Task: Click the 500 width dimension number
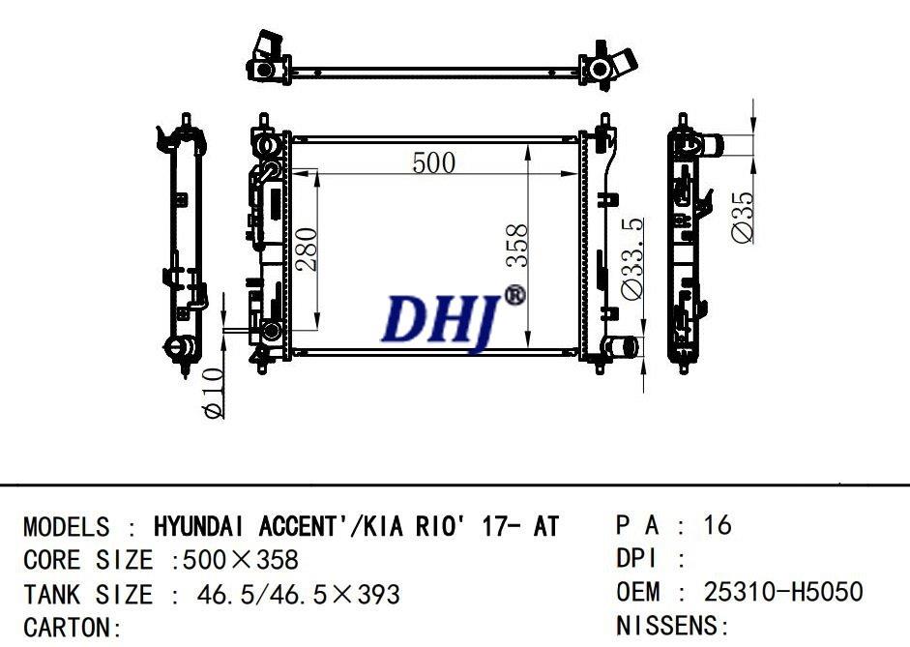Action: (433, 162)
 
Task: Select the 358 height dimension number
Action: (516, 245)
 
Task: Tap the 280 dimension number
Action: (307, 250)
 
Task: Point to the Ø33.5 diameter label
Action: (632, 259)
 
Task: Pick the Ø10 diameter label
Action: (213, 393)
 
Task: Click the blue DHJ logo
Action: (440, 321)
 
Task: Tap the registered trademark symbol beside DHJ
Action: (514, 295)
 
